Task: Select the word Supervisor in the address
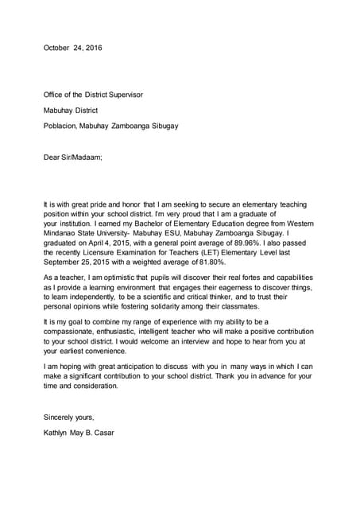[123, 95]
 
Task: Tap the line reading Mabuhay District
[71, 111]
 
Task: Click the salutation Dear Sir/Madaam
[73, 157]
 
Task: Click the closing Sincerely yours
[68, 417]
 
